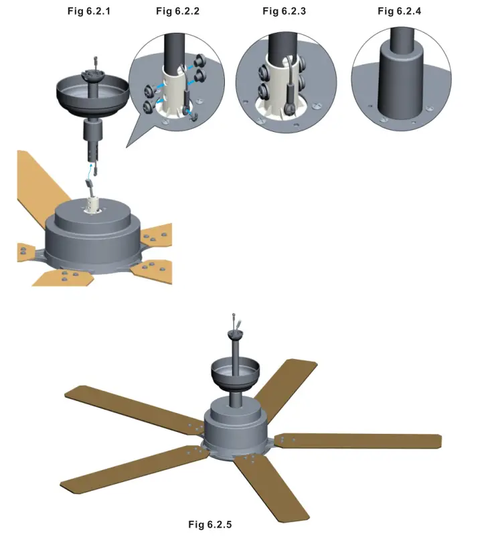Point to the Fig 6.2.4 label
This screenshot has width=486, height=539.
[400, 11]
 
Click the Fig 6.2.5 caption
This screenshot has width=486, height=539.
[210, 524]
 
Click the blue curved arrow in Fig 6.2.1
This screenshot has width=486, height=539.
[88, 177]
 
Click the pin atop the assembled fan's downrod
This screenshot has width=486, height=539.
[232, 317]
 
